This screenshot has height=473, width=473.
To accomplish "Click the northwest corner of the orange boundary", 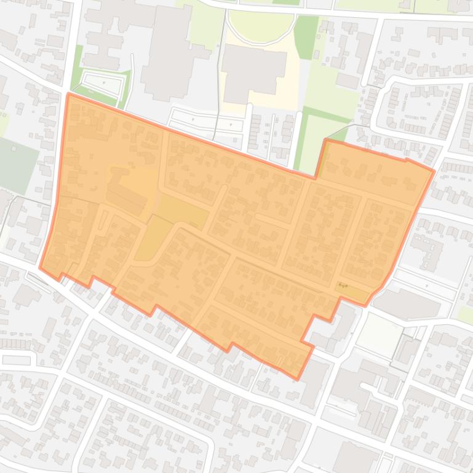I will pos(68,94).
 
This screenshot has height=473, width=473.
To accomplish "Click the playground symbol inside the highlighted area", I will pos(344,286).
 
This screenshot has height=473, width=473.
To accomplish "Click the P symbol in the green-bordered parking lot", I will pos(104,82).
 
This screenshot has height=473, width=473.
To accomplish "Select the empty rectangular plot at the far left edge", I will pos(15,360).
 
